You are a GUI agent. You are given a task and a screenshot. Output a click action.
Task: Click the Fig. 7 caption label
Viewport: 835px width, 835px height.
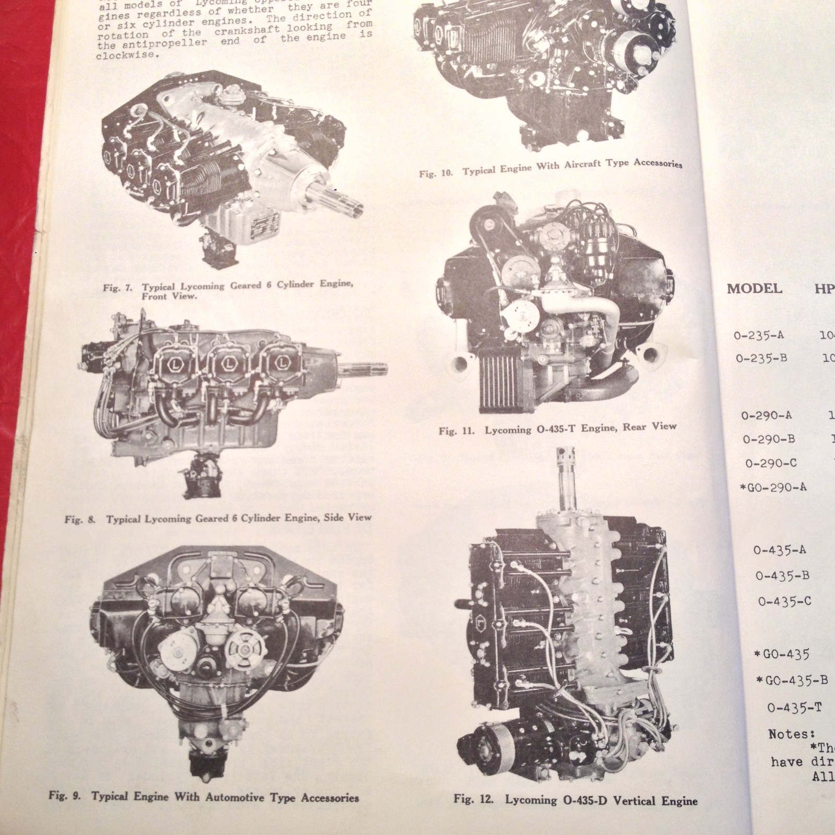(x=228, y=290)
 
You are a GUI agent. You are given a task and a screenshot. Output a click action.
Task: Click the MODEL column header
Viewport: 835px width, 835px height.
(x=754, y=289)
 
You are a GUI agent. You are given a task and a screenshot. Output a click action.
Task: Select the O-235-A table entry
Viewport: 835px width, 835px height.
(x=758, y=336)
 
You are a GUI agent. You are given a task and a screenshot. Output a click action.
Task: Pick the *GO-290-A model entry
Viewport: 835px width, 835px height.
(x=773, y=487)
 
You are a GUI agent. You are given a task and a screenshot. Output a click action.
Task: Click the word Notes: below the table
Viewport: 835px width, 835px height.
(x=788, y=734)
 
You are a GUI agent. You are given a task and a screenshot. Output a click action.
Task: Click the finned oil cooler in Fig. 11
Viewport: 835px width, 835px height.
(x=497, y=381)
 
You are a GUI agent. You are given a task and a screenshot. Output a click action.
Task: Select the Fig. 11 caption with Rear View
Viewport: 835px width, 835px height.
(x=557, y=428)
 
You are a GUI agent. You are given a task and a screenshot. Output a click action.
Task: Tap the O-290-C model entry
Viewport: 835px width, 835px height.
(x=771, y=463)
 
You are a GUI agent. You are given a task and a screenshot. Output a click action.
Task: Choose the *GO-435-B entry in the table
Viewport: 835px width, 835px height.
(x=792, y=680)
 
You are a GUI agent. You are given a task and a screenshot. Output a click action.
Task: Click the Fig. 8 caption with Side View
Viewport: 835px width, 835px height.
(x=218, y=518)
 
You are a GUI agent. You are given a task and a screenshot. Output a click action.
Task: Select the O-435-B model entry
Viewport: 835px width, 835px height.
(x=782, y=576)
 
